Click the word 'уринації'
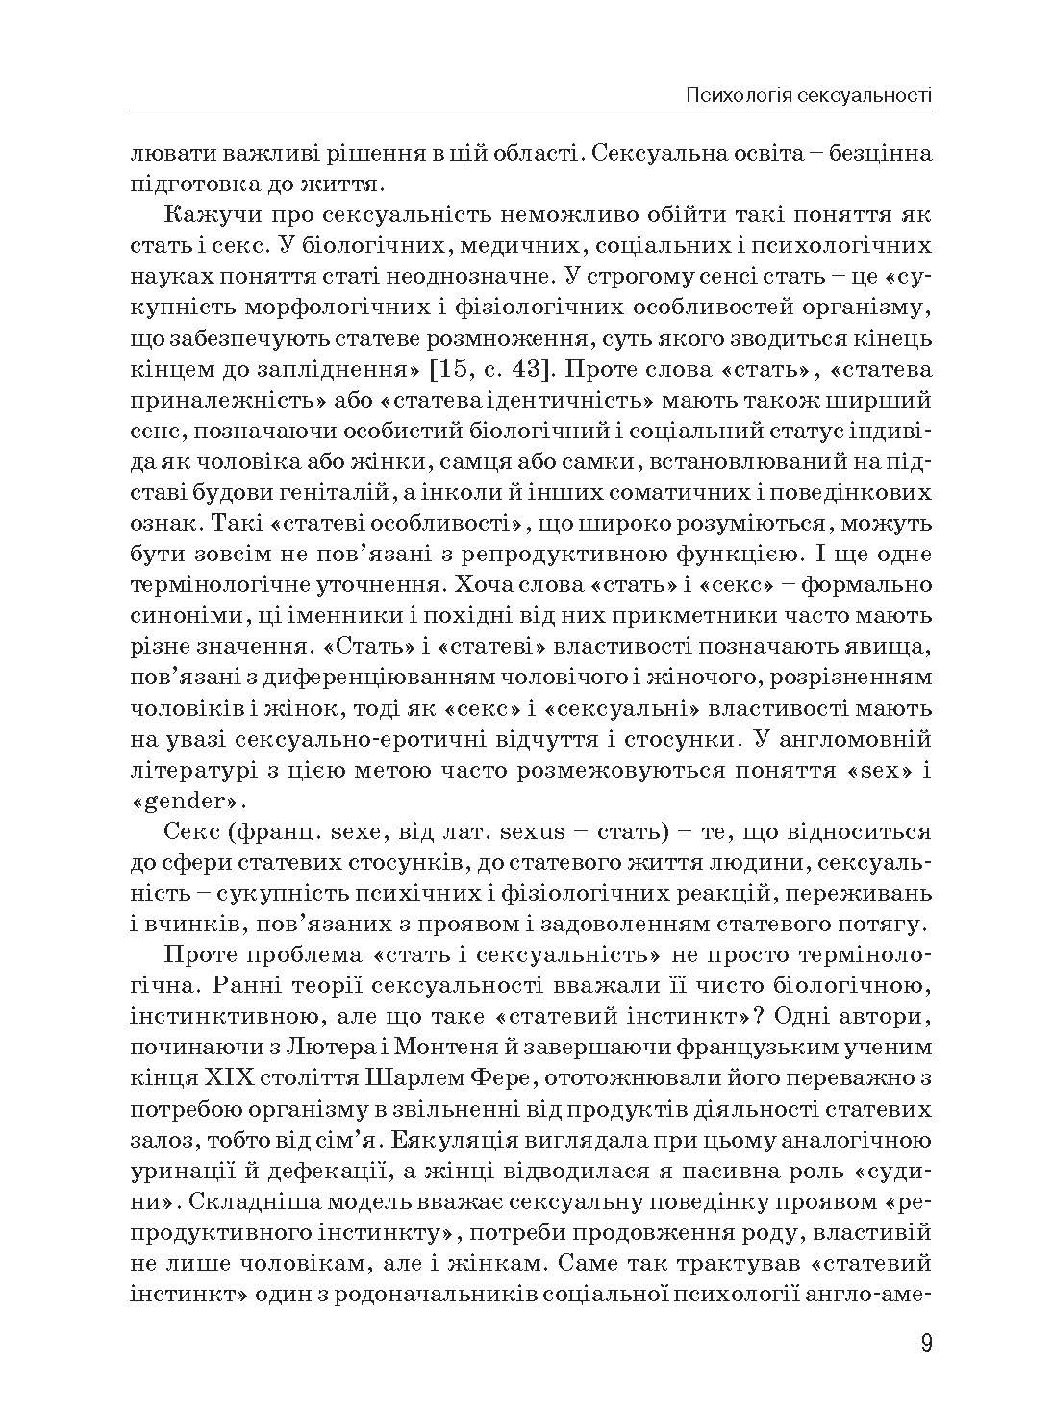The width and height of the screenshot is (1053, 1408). (180, 1171)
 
